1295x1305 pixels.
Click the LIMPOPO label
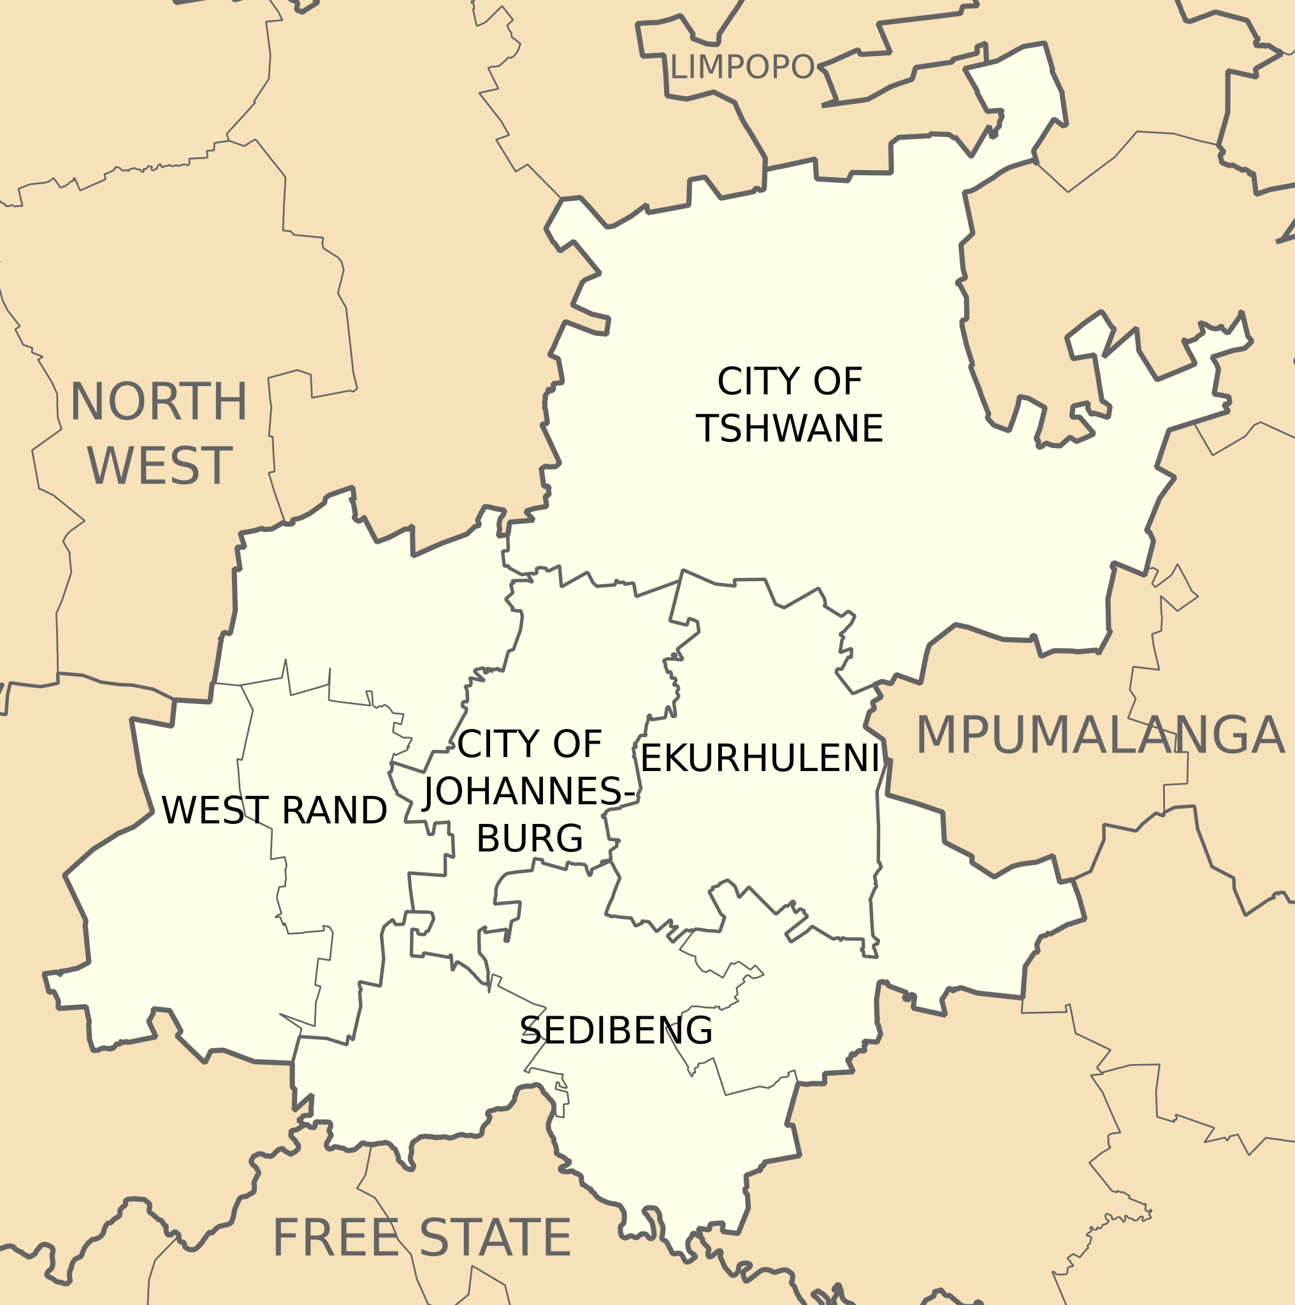click(x=742, y=67)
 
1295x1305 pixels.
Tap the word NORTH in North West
click(x=159, y=403)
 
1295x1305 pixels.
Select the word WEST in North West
click(x=160, y=466)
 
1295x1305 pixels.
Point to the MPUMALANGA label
click(x=1099, y=735)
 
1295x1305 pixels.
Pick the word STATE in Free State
click(x=496, y=1238)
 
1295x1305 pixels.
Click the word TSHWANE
click(x=789, y=429)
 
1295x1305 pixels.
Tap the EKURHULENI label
click(x=759, y=758)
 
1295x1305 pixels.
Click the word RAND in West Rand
click(x=334, y=811)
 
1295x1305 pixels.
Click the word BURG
click(x=530, y=839)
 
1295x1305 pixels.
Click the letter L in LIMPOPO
click(x=677, y=67)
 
